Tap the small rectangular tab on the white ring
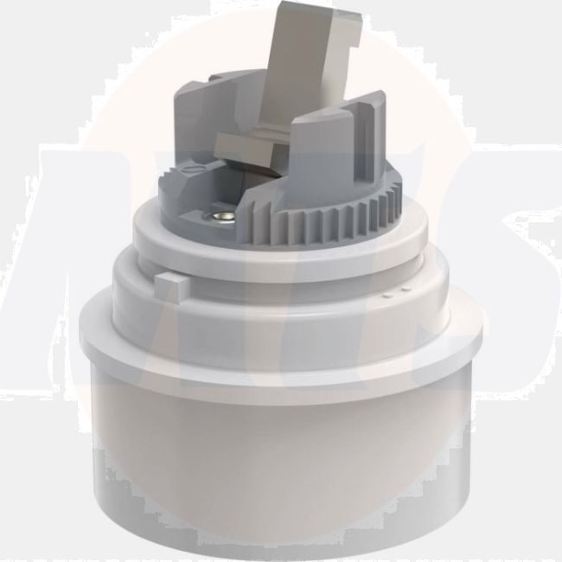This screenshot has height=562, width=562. [169, 283]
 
